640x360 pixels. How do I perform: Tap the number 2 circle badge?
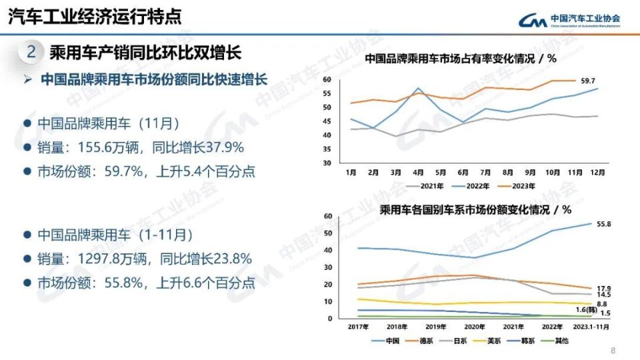pos(31,51)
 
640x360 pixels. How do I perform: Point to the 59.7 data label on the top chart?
pos(587,81)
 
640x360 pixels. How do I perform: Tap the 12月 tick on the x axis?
pos(597,172)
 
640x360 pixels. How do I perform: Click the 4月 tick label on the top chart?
pos(418,172)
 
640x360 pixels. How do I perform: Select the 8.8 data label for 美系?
pos(602,304)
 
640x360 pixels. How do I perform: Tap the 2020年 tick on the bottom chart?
pos(474,327)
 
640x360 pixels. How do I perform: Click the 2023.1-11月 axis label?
pos(591,327)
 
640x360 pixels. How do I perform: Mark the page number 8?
pos(613,351)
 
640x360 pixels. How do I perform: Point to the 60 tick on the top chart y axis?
pos(327,79)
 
